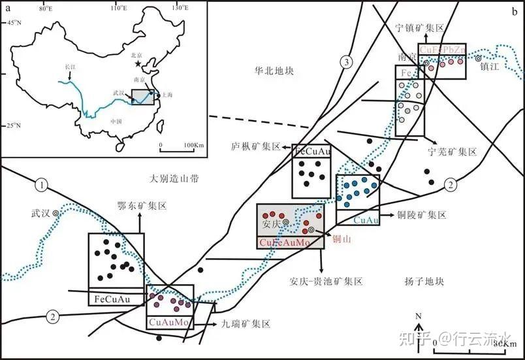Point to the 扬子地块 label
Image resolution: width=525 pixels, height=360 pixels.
(424, 281)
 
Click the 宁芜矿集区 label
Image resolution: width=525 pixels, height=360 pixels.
(453, 152)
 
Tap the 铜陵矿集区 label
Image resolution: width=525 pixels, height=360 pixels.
(423, 215)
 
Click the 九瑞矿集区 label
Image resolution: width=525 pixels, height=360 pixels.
(248, 323)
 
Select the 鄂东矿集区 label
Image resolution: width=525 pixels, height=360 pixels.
(142, 205)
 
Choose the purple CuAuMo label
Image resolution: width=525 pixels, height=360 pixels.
(169, 321)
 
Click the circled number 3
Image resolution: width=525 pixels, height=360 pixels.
(347, 61)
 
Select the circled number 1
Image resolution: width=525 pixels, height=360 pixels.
(43, 186)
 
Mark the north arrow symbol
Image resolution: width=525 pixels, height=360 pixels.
(420, 327)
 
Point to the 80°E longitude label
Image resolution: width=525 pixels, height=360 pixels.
(46, 8)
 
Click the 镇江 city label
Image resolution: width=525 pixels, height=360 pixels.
(489, 67)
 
